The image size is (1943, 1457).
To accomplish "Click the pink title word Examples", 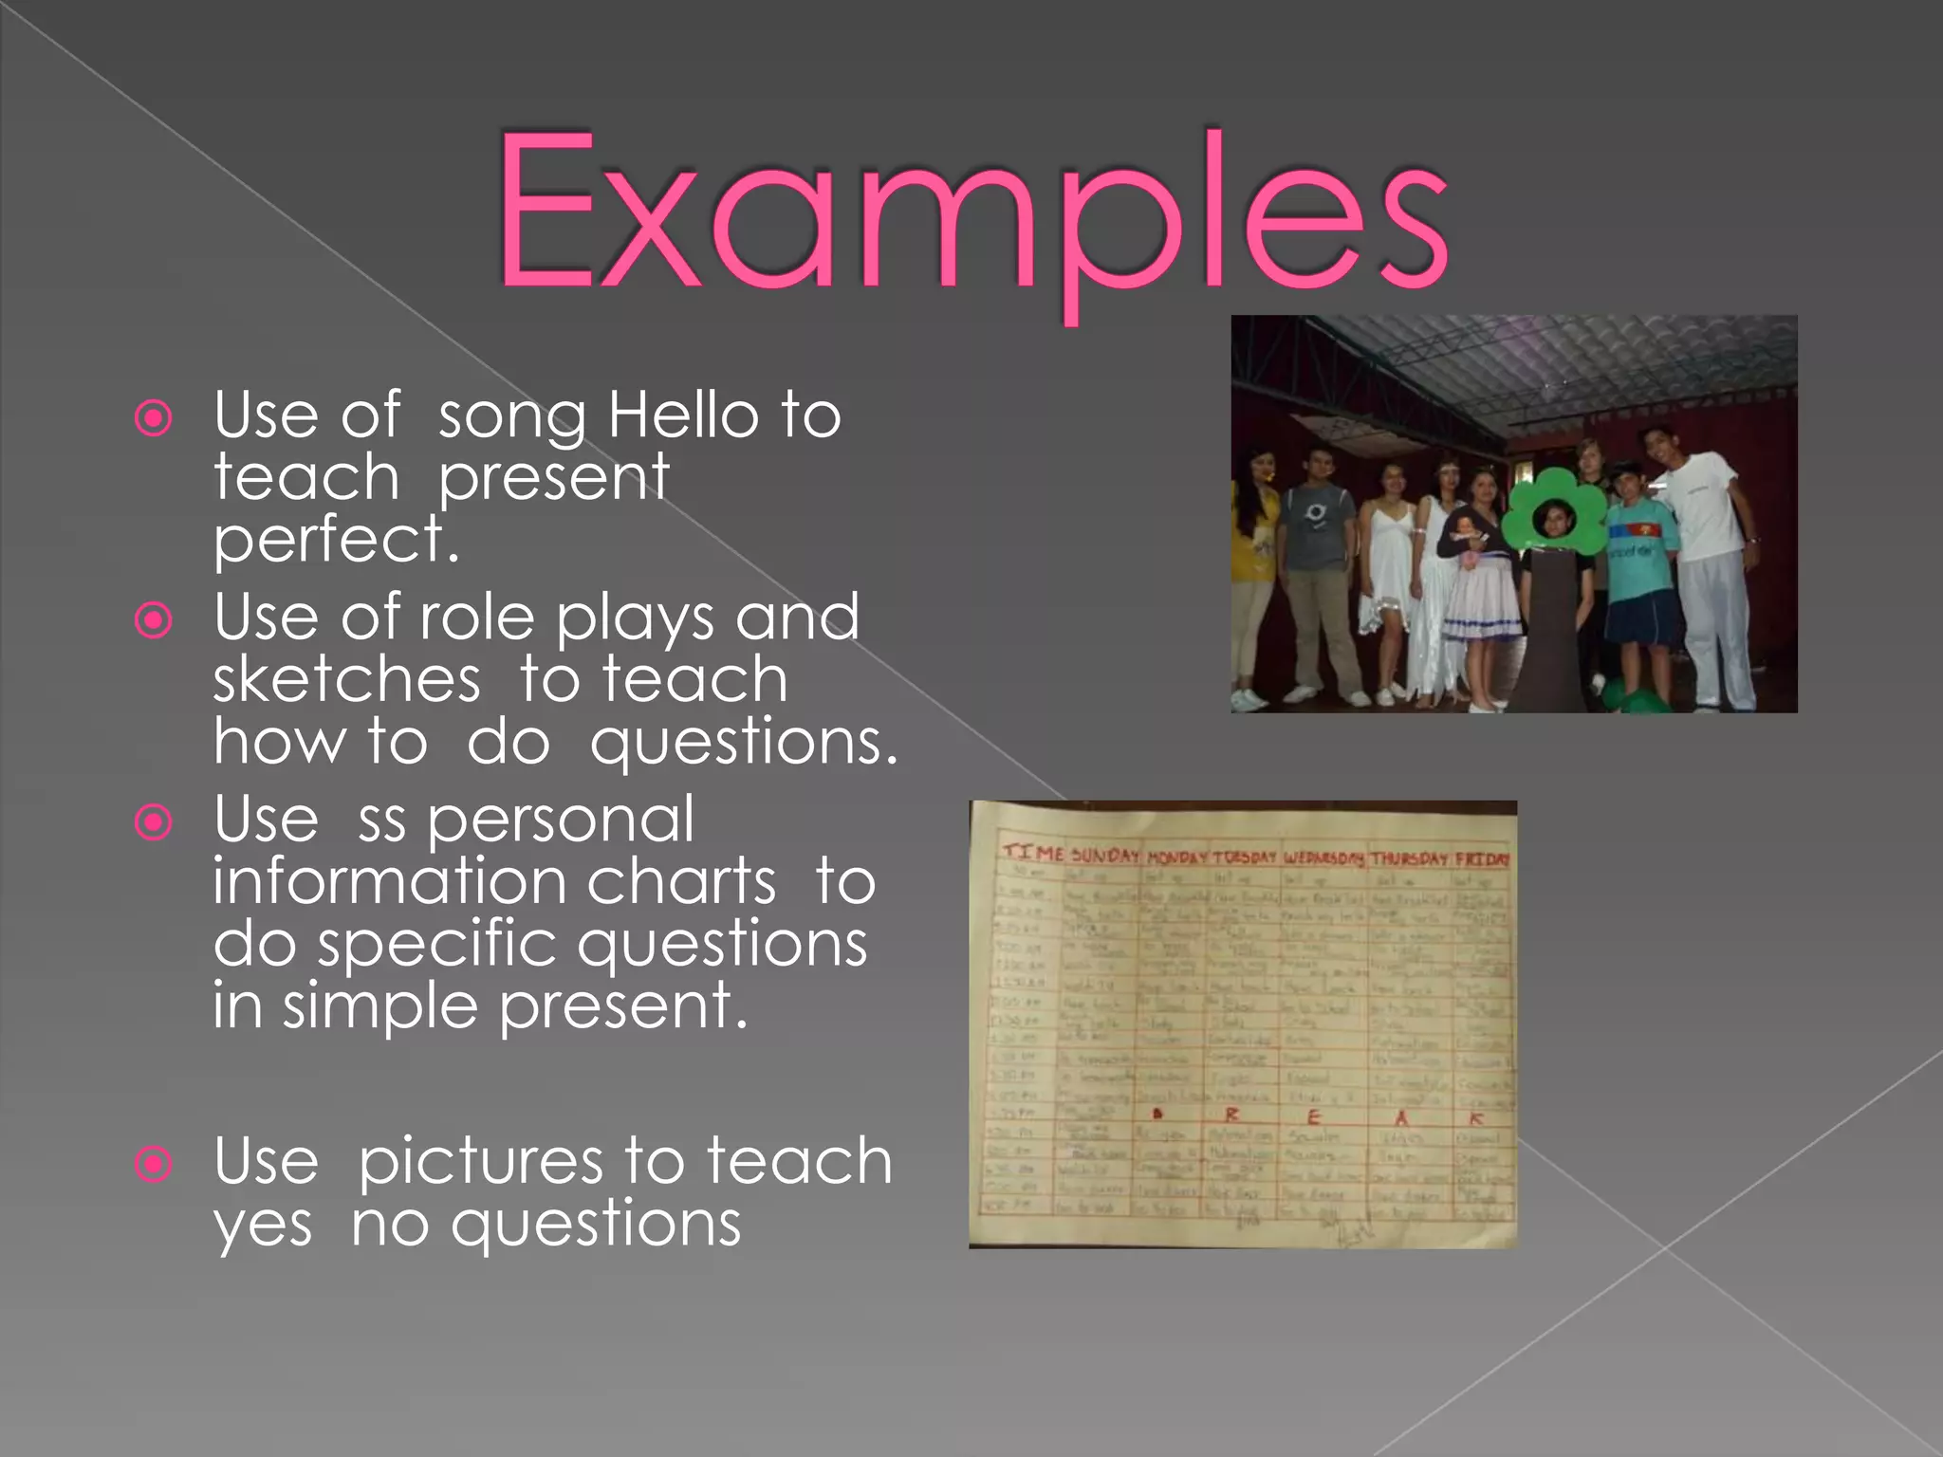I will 971,213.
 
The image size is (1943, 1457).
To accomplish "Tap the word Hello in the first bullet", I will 683,415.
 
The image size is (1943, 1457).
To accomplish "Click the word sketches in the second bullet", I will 347,680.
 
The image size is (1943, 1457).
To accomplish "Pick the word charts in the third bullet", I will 682,881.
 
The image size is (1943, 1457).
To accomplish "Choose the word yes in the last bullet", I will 263,1224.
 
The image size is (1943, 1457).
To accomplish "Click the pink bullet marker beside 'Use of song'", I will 154,417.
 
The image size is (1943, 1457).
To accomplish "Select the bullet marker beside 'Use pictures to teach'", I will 154,1163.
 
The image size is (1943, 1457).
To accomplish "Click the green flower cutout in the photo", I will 1553,515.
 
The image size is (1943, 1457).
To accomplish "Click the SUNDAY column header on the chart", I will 1104,855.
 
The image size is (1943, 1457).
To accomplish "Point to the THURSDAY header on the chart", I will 1409,858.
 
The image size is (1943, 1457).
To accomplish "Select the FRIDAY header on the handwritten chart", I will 1482,859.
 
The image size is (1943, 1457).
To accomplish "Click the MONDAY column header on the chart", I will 1176,857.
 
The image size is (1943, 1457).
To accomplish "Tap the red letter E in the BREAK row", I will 1314,1116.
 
